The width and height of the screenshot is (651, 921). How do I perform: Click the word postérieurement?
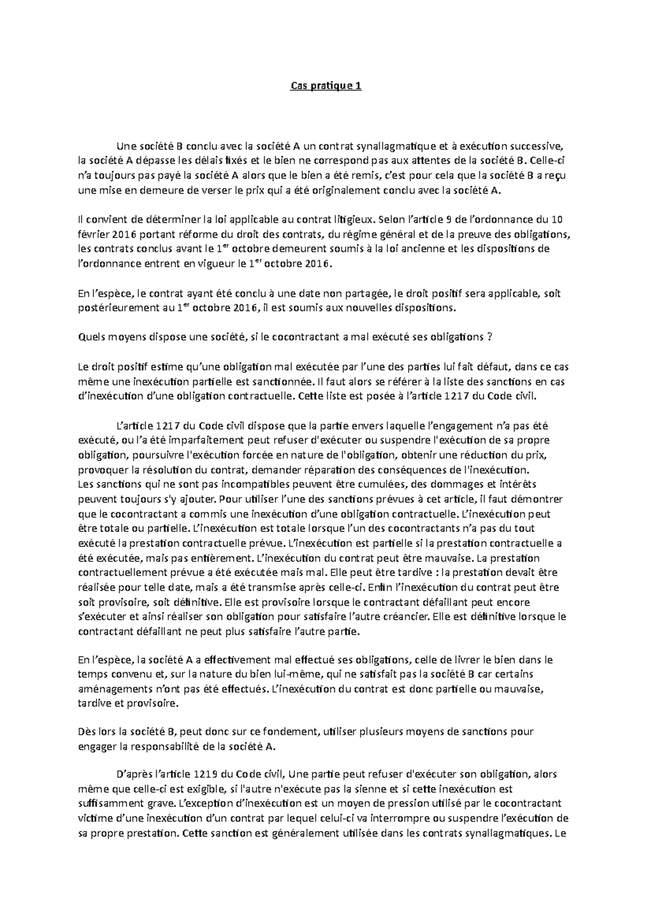(x=118, y=308)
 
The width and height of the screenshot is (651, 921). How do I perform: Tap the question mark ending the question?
(x=489, y=337)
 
